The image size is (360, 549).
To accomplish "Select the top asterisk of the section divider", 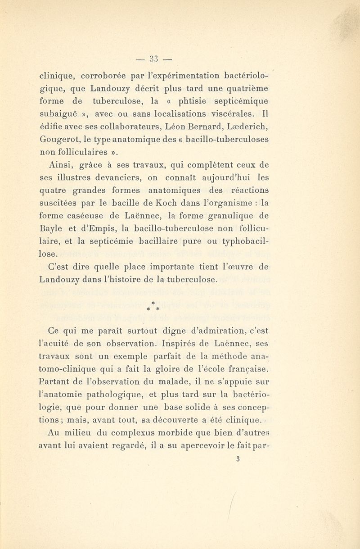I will [x=154, y=299].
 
